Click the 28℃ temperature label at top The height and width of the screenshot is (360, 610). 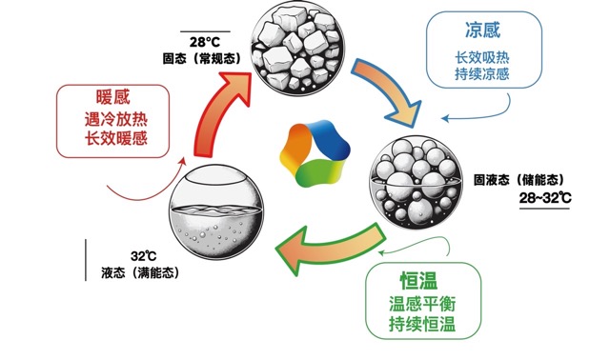(204, 42)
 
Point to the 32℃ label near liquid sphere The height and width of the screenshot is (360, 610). (143, 255)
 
